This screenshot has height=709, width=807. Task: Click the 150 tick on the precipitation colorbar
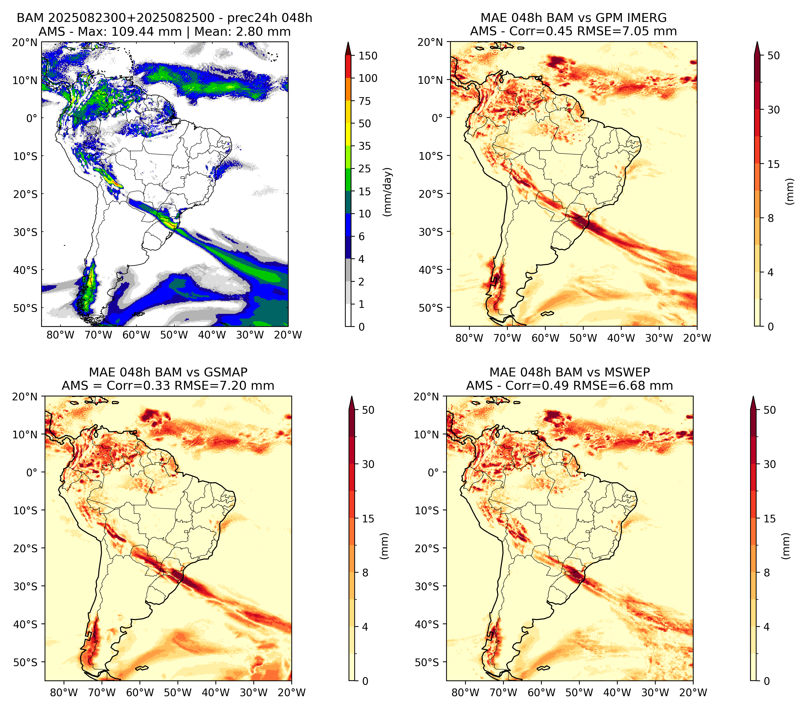click(368, 56)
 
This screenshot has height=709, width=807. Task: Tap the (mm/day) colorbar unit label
click(388, 192)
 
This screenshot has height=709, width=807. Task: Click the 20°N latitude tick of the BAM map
click(24, 42)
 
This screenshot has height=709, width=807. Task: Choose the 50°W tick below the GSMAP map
click(178, 692)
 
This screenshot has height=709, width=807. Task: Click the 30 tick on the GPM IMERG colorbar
click(773, 110)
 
